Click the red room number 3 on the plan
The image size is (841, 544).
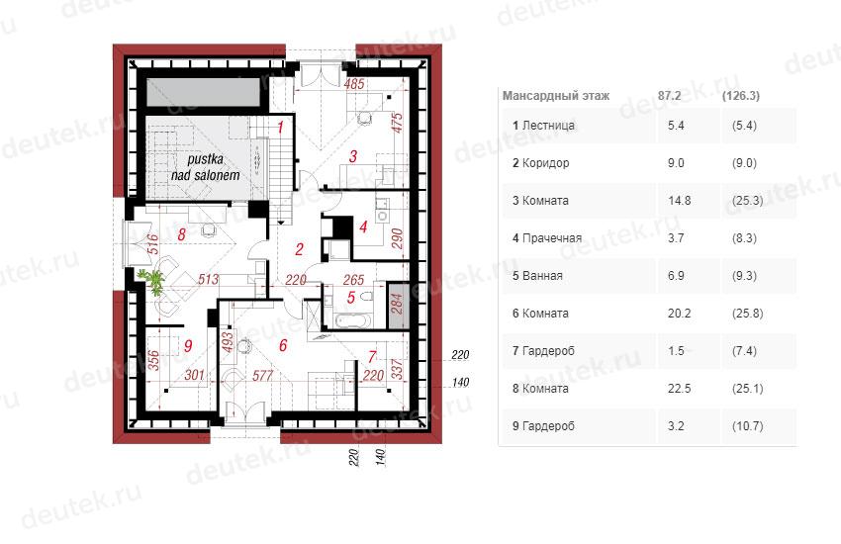353,156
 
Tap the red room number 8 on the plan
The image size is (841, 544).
182,233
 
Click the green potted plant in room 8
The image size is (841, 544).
151,281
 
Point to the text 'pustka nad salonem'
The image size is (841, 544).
206,167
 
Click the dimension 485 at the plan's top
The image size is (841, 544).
354,84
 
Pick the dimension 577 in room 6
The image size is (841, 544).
262,376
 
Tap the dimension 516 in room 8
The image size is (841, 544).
152,244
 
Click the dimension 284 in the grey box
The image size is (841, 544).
397,304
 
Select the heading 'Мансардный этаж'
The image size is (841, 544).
556,96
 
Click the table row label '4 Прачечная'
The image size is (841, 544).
546,238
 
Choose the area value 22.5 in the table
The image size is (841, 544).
679,388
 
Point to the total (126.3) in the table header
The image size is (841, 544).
741,96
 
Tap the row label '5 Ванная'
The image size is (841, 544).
537,276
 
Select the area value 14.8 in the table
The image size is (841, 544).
679,201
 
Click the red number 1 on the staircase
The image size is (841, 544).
280,127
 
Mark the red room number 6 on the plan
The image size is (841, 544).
283,345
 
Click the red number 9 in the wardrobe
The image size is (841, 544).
188,346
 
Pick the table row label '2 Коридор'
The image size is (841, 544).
540,163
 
